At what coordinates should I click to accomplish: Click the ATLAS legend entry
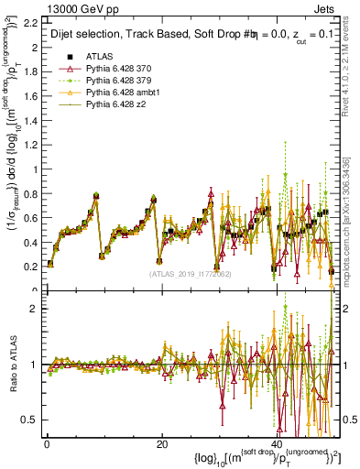tap(98, 57)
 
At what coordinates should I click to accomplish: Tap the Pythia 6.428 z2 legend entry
tap(115, 104)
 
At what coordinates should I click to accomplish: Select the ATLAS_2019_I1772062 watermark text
tap(190, 273)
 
